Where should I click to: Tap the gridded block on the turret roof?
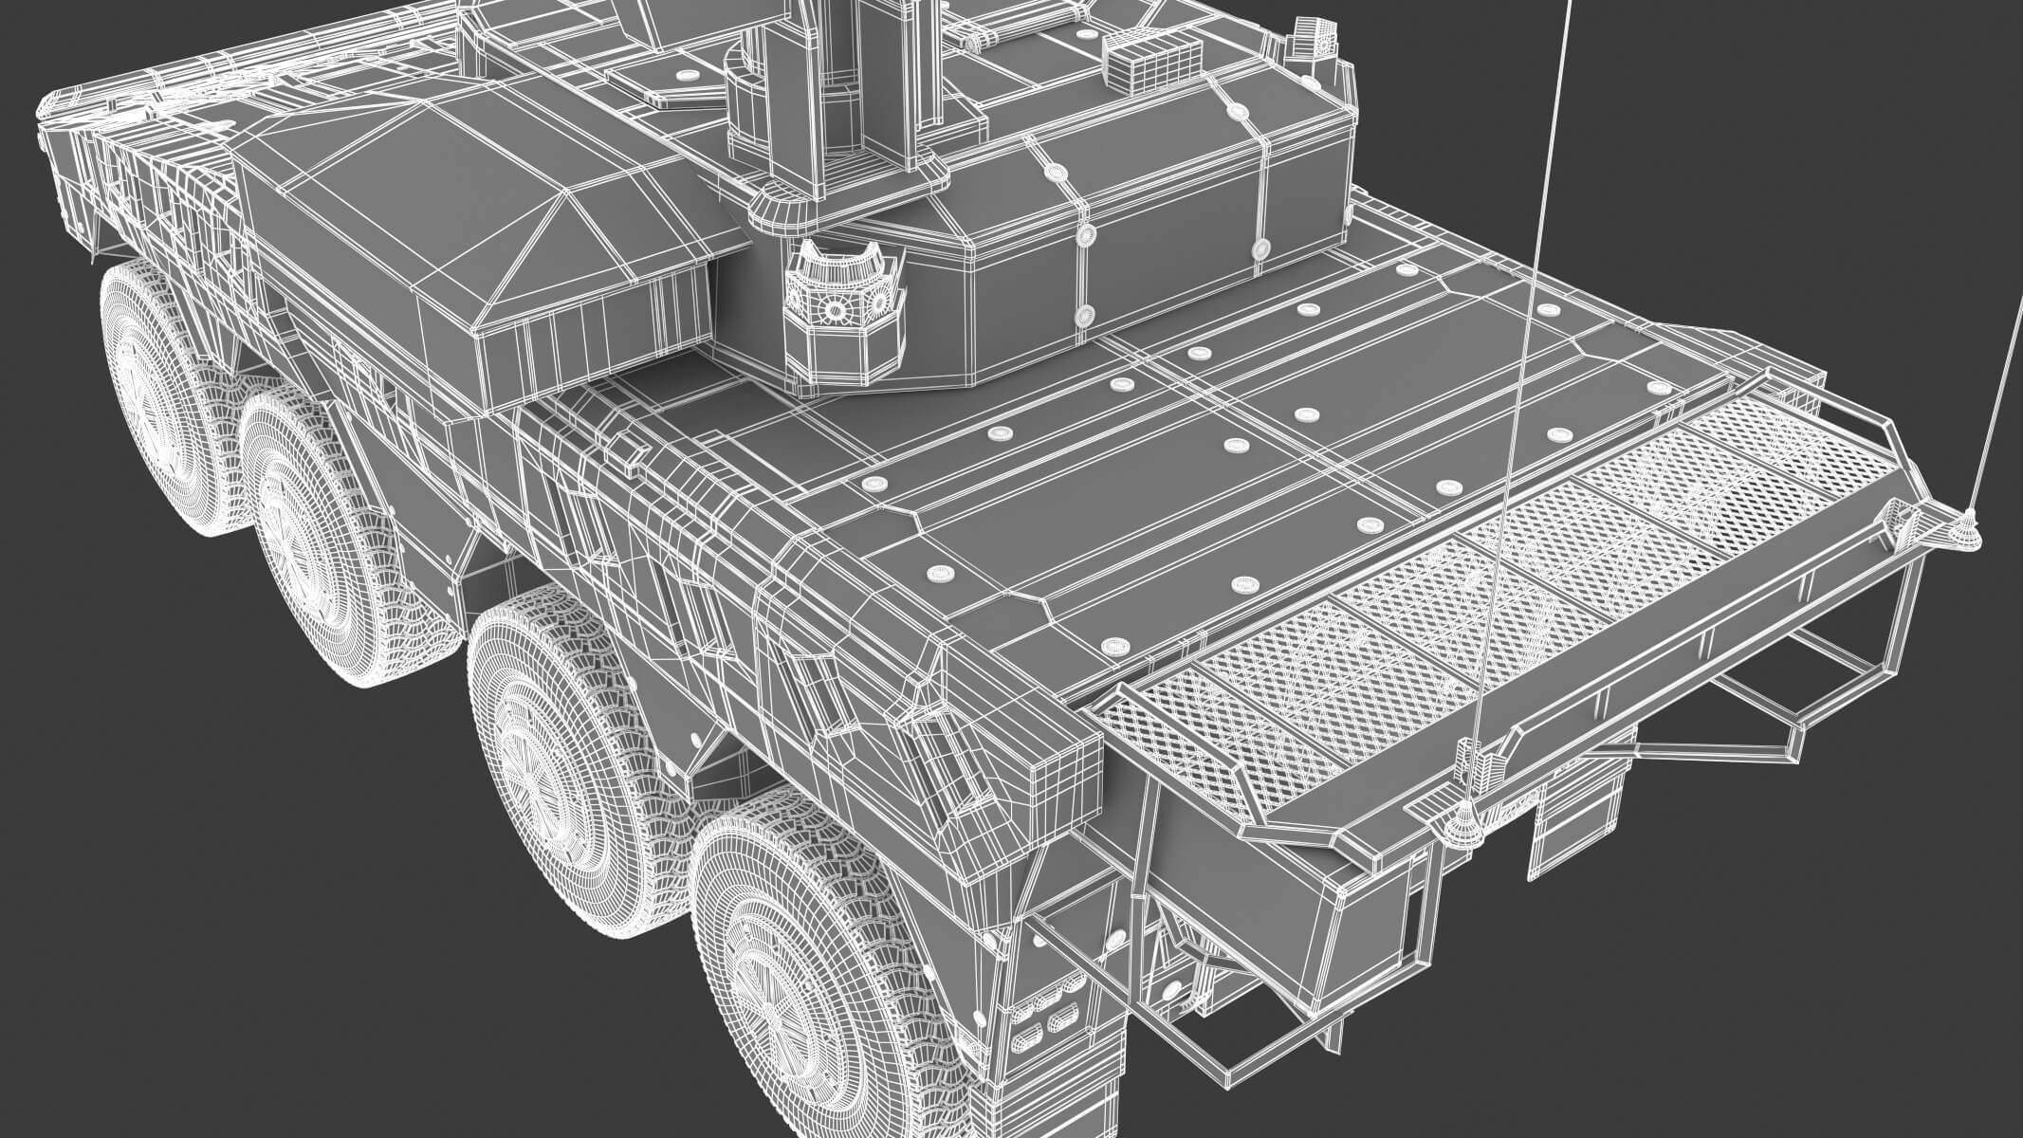pos(1143,66)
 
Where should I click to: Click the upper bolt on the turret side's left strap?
pos(1053,171)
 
